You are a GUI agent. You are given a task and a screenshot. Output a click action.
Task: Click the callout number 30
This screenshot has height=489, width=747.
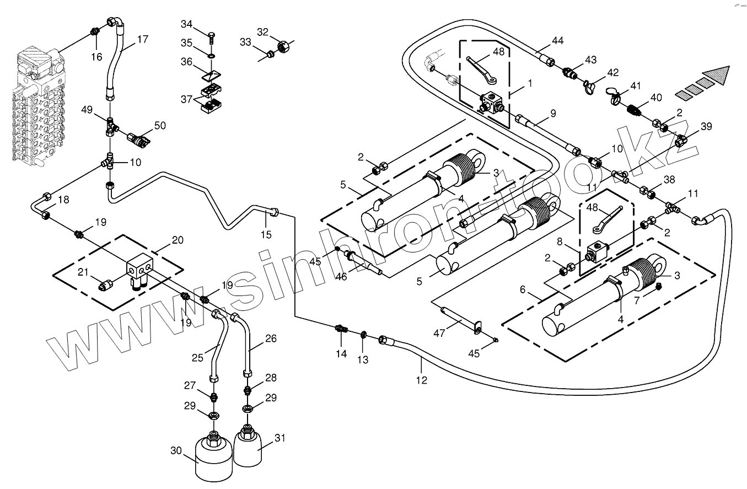[176, 450]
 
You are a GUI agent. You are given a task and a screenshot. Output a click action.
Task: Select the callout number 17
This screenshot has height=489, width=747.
[143, 40]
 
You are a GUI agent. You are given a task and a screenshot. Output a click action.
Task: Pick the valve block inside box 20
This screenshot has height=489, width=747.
[142, 268]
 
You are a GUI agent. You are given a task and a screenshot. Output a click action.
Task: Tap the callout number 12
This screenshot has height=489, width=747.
[422, 380]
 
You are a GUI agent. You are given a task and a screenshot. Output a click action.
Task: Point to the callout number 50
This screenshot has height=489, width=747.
[159, 126]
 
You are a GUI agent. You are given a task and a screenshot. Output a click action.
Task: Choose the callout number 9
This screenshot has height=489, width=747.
[552, 114]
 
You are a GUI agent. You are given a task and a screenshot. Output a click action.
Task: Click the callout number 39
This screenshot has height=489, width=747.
[706, 126]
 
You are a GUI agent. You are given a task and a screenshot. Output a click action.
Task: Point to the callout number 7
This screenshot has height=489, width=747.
[637, 301]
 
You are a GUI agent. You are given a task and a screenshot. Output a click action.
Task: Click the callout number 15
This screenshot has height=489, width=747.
[266, 235]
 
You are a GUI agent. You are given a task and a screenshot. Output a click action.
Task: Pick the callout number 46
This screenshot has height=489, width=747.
[341, 276]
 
